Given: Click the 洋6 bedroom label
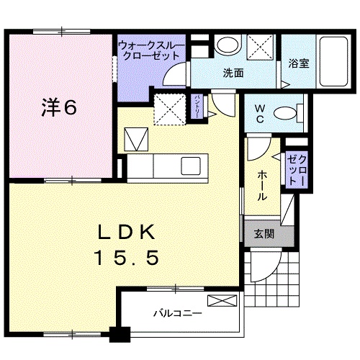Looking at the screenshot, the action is tap(59, 107).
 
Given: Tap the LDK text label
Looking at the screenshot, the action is tap(126, 232).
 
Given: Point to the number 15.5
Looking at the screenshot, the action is tap(127, 257).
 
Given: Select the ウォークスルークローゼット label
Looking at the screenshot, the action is tap(152, 50).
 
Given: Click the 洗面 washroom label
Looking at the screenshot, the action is tap(233, 73).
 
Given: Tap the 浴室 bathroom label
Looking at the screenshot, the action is tap(299, 63).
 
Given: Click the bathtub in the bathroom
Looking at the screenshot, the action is tap(333, 61).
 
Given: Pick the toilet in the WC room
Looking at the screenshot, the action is tap(289, 113).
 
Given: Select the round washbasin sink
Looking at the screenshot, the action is tap(228, 44).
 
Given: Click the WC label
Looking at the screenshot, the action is tap(260, 114).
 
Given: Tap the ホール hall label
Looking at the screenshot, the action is tap(262, 185).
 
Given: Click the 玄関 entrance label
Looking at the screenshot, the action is tap(264, 233).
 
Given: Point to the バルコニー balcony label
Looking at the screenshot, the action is tap(178, 313).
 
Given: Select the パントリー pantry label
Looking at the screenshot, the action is tap(197, 107).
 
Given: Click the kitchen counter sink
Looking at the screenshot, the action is tap(191, 166).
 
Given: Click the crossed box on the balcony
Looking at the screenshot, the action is tap(222, 300).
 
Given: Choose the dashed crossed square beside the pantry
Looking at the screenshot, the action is tap(170, 109).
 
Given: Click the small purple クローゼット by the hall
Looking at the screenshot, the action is tap(297, 170).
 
